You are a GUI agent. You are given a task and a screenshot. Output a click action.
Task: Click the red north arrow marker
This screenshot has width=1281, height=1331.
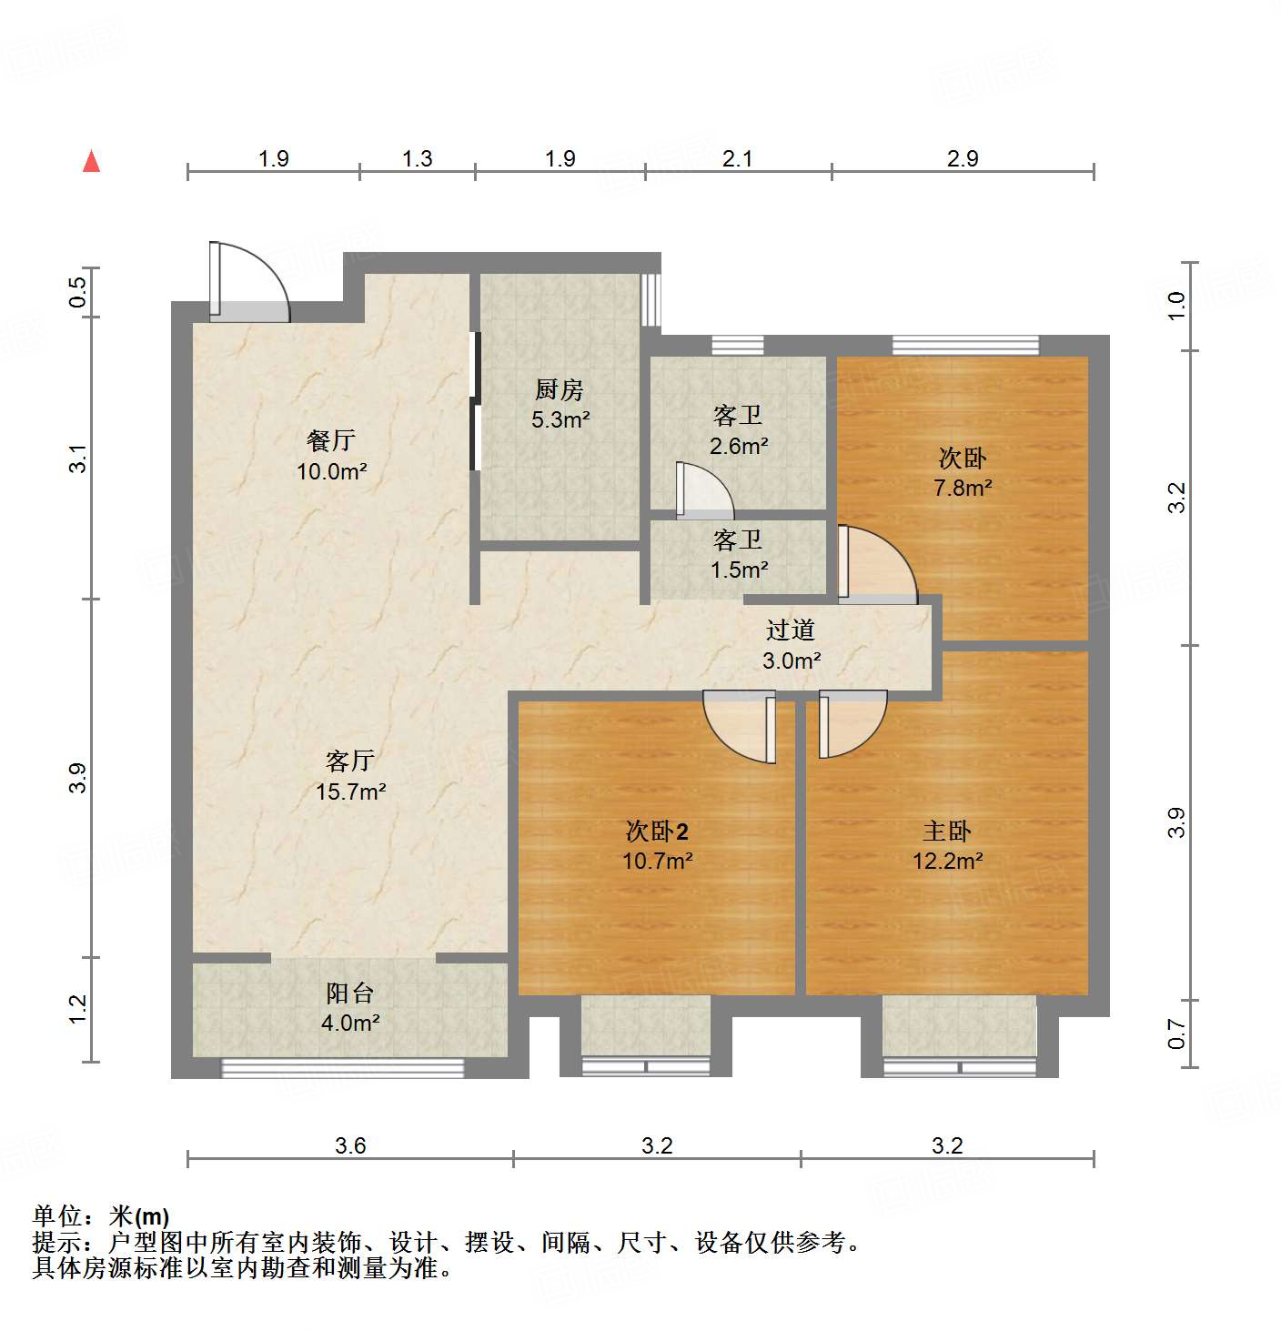point(91,161)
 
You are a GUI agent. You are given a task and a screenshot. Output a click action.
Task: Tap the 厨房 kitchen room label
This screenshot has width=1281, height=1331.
point(559,390)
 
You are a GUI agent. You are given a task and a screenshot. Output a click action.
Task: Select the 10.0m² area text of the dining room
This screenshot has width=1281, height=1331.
point(331,471)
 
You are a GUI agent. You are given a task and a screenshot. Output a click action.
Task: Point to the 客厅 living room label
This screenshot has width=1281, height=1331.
point(350,761)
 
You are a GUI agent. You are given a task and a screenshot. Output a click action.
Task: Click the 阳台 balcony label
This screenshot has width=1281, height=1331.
point(350,993)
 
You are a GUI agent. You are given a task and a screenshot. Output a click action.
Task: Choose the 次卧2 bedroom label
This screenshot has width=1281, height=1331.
point(657,831)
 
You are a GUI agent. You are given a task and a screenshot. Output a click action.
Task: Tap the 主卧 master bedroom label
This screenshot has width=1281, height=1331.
point(947,831)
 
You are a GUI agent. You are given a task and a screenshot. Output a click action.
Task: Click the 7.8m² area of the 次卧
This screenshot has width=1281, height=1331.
point(963,488)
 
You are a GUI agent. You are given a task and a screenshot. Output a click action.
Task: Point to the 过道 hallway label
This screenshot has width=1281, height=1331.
point(790,630)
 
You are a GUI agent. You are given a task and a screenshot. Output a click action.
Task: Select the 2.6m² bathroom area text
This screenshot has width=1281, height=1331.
point(738,446)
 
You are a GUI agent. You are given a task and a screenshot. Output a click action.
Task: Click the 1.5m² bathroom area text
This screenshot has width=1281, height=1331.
point(738,570)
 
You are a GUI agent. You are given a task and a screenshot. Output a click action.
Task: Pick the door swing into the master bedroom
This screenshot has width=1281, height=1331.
point(852,722)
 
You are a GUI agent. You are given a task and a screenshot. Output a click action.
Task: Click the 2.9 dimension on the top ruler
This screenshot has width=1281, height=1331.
point(962,158)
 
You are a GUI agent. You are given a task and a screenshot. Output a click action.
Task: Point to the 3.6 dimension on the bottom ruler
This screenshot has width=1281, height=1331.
point(350,1145)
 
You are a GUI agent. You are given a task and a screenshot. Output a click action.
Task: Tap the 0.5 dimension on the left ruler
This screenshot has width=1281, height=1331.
point(78,292)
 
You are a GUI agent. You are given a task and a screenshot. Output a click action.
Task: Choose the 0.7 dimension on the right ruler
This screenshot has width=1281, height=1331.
point(1176,1034)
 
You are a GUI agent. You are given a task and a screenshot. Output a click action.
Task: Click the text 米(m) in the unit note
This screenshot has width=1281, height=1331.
point(139,1215)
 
